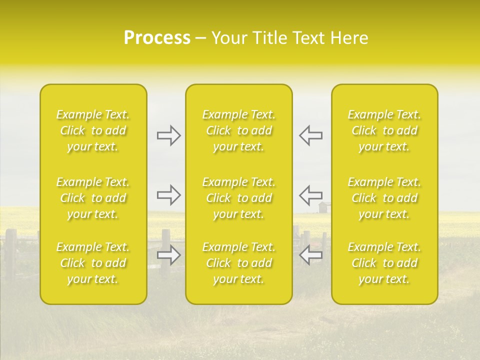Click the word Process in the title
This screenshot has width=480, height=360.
tap(157, 38)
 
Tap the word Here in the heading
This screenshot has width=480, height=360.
tap(349, 38)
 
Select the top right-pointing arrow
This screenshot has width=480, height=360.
tap(168, 135)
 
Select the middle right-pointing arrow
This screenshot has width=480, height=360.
tap(168, 195)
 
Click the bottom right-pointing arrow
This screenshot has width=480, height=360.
tap(168, 255)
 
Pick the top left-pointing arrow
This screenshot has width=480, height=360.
tap(310, 135)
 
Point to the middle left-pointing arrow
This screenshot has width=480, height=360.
tap(310, 195)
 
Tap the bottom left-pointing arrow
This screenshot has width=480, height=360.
tap(310, 255)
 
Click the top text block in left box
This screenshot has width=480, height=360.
tap(93, 130)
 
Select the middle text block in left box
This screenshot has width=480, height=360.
tap(93, 198)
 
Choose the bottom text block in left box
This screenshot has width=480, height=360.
tap(93, 263)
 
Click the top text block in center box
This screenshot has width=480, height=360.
tap(238, 130)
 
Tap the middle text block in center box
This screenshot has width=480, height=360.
tap(238, 198)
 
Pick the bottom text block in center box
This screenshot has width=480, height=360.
tap(238, 263)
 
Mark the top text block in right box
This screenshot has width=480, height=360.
tap(384, 130)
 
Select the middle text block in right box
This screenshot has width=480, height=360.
tap(384, 198)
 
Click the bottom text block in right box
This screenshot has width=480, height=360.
tap(384, 263)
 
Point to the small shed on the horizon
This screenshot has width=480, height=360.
tap(324, 207)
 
